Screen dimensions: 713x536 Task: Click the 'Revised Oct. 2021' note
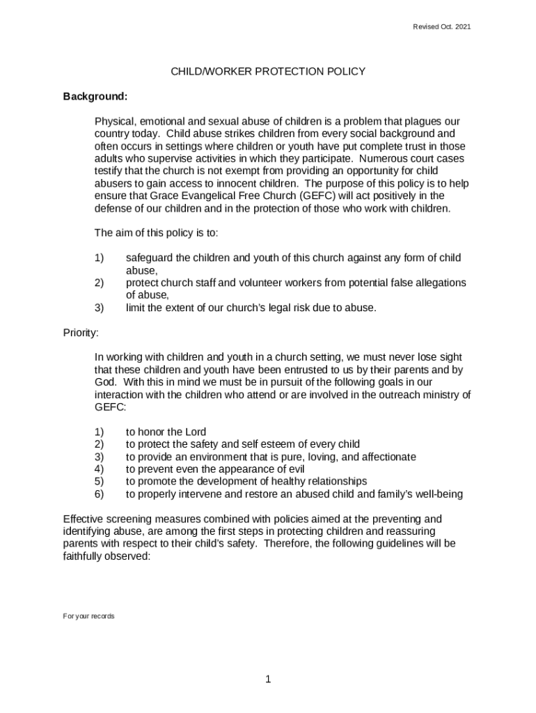(441, 26)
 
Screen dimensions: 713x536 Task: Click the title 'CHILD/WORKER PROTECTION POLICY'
(268, 71)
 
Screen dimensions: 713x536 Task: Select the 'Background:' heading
(95, 95)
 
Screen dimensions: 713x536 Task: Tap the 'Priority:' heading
(81, 332)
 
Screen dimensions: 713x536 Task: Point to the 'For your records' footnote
(88, 616)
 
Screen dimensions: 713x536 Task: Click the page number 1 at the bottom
(267, 680)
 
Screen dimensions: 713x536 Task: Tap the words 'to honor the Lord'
(166, 432)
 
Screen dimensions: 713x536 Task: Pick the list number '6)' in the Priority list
(99, 494)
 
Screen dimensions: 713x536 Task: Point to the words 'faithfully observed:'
(107, 556)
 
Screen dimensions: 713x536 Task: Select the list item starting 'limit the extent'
(251, 307)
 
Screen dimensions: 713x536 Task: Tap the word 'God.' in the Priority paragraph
(107, 382)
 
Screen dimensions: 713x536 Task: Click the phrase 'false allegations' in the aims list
(426, 283)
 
